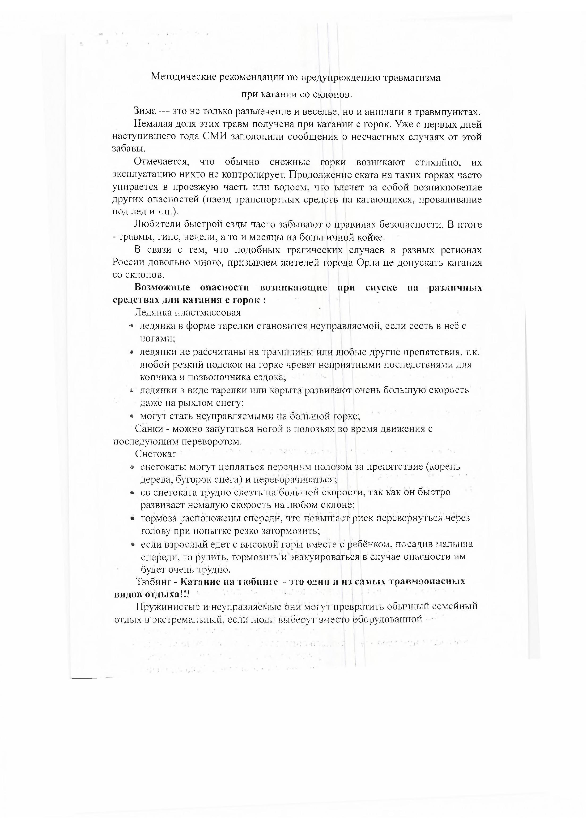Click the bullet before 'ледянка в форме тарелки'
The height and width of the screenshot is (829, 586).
tap(131, 326)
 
